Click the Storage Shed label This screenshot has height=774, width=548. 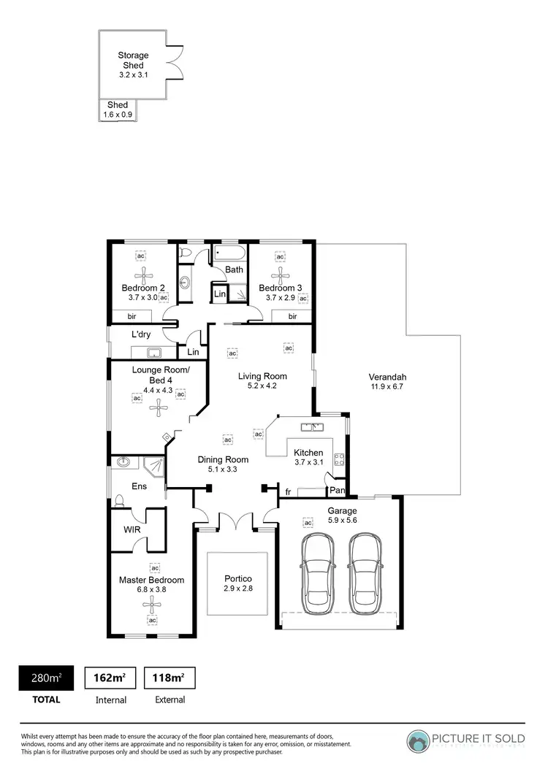pyautogui.click(x=133, y=60)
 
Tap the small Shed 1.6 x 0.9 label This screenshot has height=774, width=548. pyautogui.click(x=118, y=110)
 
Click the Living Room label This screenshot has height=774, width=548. pyautogui.click(x=262, y=376)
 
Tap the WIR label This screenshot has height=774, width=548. pyautogui.click(x=132, y=529)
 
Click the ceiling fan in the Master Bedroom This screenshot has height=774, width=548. pyautogui.click(x=153, y=603)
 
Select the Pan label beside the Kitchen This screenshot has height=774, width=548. pyautogui.click(x=337, y=490)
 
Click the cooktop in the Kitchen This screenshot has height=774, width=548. pyautogui.click(x=339, y=459)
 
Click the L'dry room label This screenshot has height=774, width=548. pyautogui.click(x=141, y=334)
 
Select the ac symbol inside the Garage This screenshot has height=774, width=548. pyautogui.click(x=308, y=523)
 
